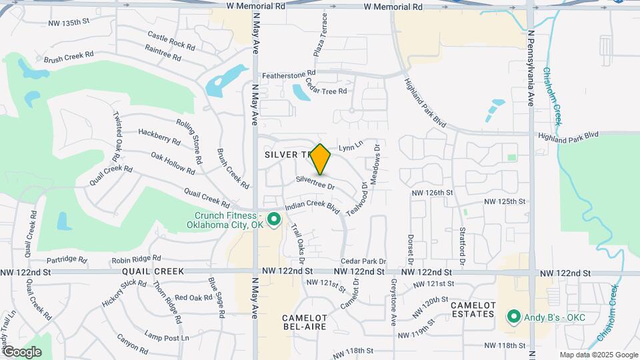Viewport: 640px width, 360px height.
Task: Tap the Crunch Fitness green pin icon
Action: (x=273, y=219)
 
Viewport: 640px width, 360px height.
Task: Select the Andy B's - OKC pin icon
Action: (x=513, y=317)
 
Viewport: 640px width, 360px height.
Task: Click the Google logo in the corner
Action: (x=22, y=351)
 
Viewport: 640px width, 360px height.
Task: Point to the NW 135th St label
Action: (x=68, y=23)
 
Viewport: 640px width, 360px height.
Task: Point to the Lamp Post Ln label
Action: (x=167, y=337)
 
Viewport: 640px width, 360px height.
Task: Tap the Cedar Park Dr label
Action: (x=363, y=261)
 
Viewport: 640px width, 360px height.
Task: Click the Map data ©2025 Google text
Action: (x=598, y=355)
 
